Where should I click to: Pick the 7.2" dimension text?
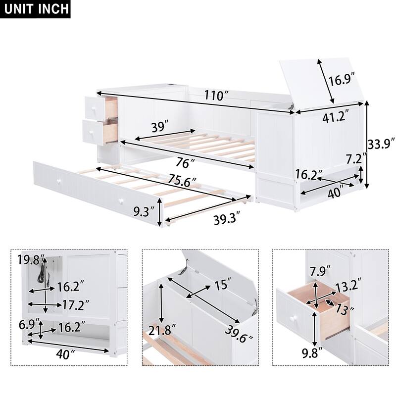[356, 159]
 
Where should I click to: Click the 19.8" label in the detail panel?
[31, 259]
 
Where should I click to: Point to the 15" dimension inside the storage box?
[222, 286]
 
